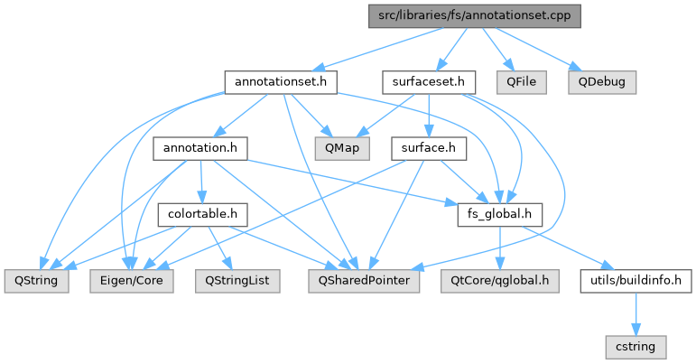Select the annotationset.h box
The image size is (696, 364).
(x=280, y=82)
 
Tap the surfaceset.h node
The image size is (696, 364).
(x=429, y=82)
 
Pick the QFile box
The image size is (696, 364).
(x=522, y=82)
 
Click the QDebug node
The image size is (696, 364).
(x=602, y=82)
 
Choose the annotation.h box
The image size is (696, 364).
(x=200, y=148)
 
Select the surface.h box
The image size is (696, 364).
(x=427, y=148)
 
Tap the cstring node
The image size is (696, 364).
(x=636, y=346)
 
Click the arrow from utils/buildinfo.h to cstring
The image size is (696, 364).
(x=636, y=313)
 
